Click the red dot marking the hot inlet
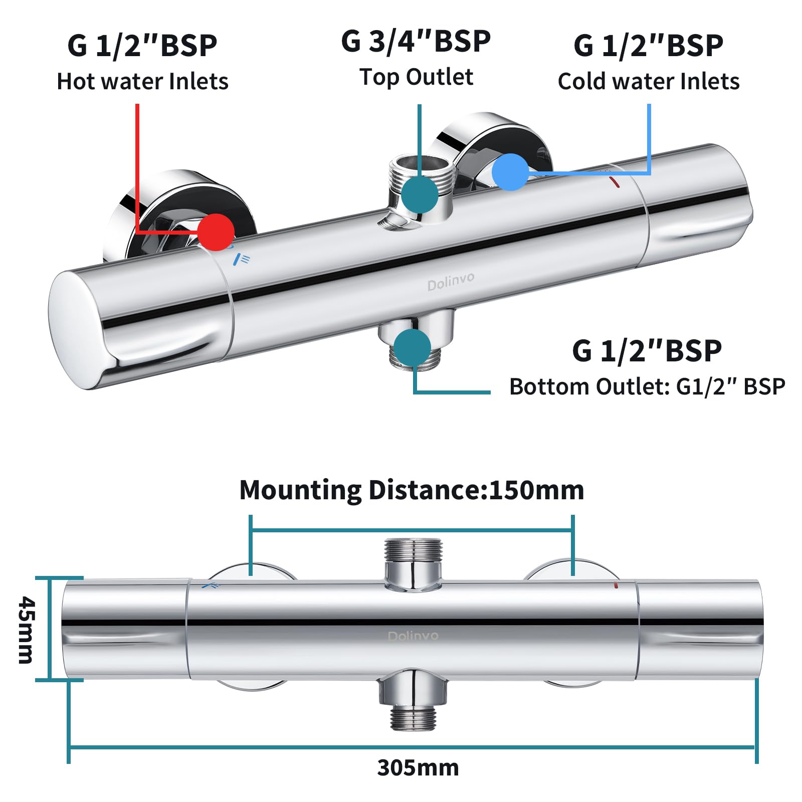(x=216, y=232)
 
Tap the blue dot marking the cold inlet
(x=510, y=172)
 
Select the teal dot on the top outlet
(x=420, y=194)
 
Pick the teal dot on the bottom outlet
(x=412, y=347)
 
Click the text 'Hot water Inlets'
(x=142, y=81)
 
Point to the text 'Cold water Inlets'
(x=648, y=81)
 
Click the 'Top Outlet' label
(x=416, y=77)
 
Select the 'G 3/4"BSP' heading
(x=416, y=41)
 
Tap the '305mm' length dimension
(x=418, y=767)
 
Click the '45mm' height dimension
(x=26, y=630)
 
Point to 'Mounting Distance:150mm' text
(x=412, y=490)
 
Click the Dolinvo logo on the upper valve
(x=451, y=282)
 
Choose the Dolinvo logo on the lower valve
(x=413, y=636)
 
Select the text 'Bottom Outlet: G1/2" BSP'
(x=647, y=386)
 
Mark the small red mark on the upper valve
(x=615, y=182)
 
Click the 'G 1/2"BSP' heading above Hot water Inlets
(x=142, y=46)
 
